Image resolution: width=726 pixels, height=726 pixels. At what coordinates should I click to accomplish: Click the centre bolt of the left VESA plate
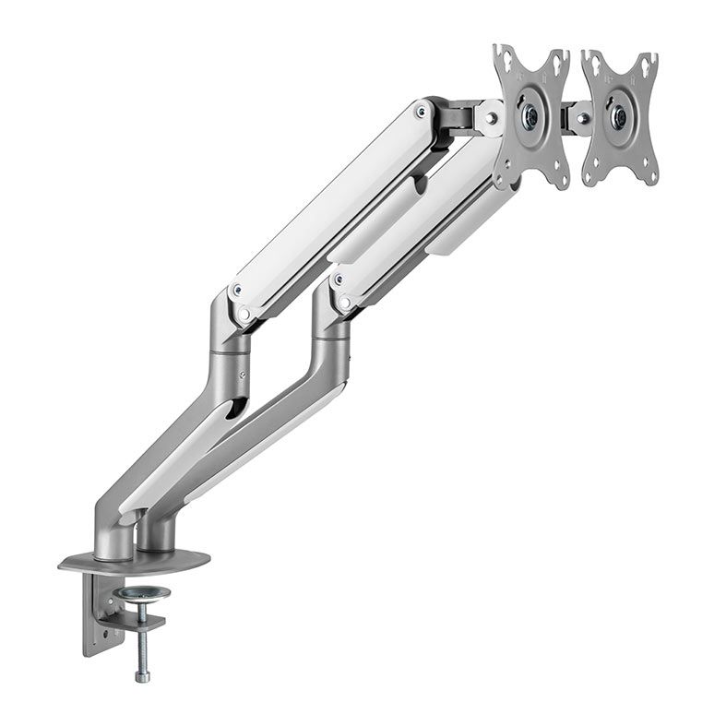(530, 116)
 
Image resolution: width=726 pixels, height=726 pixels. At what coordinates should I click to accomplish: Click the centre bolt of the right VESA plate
(619, 117)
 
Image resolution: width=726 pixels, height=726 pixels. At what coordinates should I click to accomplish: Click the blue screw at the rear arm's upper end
(422, 112)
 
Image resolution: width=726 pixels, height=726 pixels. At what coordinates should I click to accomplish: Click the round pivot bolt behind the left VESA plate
(490, 118)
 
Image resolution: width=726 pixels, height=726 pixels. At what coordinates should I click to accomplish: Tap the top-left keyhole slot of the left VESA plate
(503, 57)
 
